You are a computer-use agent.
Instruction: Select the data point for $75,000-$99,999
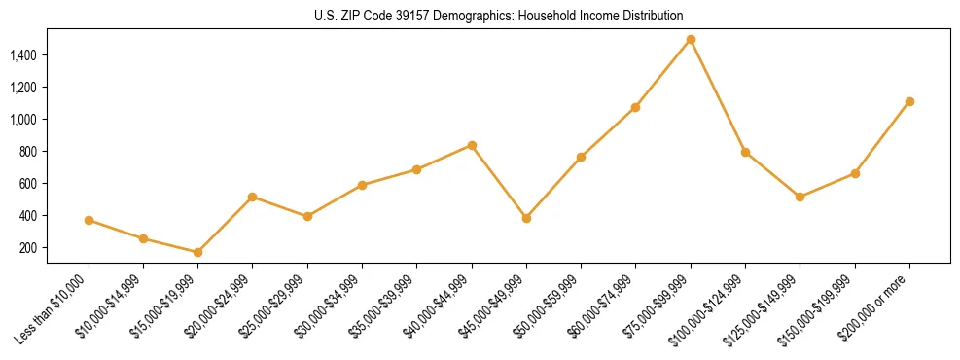click(x=691, y=40)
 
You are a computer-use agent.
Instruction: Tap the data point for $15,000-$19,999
click(x=197, y=252)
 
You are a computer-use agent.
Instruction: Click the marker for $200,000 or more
click(x=909, y=101)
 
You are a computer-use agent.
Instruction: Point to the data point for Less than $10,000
click(x=89, y=220)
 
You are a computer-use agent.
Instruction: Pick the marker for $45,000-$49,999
click(x=526, y=218)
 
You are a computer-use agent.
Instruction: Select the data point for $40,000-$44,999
click(x=472, y=145)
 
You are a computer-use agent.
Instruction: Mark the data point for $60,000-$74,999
click(x=635, y=107)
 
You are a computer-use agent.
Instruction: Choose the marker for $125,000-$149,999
click(x=800, y=197)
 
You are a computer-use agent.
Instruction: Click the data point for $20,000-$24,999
click(x=253, y=197)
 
